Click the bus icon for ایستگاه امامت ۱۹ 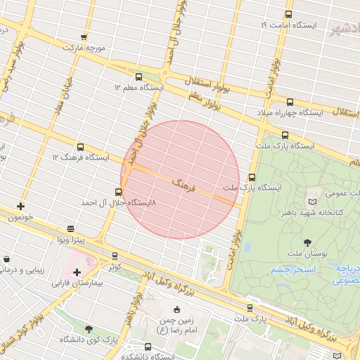click(288, 14)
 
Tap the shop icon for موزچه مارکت click(84, 37)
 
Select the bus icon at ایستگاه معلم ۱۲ click(138, 77)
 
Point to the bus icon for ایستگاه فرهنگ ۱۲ click(81, 148)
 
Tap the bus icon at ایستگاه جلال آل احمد click(117, 191)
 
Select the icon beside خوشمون click(20, 207)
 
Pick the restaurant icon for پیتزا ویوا click(70, 229)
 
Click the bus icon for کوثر click(115, 256)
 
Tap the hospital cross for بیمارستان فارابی click(76, 272)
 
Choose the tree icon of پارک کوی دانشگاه click(88, 329)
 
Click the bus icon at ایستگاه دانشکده click(148, 347)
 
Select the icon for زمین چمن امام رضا click(176, 310)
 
